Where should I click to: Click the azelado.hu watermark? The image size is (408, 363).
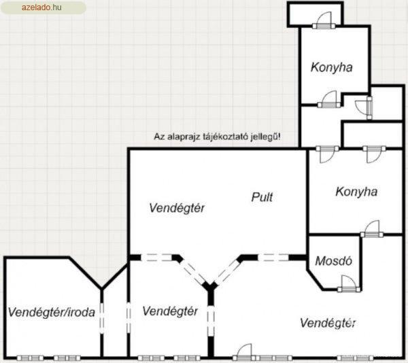click(41, 7)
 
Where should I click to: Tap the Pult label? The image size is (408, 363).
click(262, 197)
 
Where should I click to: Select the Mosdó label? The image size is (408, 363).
click(334, 261)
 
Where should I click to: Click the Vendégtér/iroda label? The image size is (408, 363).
click(51, 312)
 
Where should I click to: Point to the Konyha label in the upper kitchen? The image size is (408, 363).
click(332, 67)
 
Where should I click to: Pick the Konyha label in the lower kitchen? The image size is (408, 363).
click(356, 192)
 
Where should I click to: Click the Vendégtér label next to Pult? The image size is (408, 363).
click(177, 208)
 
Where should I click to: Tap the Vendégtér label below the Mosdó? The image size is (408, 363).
click(328, 323)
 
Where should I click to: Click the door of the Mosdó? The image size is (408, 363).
click(349, 283)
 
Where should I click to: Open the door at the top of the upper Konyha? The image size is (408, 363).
click(324, 20)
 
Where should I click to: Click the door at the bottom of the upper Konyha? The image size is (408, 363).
click(329, 99)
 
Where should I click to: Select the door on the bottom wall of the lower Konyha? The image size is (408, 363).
click(371, 229)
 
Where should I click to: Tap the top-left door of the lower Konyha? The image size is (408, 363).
click(327, 154)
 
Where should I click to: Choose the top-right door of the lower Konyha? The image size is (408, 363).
click(374, 154)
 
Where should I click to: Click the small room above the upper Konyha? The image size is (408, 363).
click(316, 14)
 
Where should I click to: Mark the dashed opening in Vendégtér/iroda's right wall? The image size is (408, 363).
click(102, 317)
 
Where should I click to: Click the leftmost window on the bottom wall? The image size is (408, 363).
click(30, 358)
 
